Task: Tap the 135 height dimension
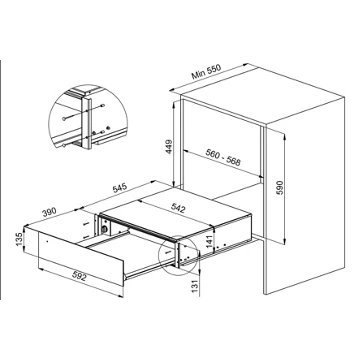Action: click(19, 239)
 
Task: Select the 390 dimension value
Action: click(49, 212)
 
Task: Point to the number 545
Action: click(120, 188)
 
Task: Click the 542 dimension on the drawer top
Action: click(177, 208)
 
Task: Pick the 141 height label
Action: click(208, 241)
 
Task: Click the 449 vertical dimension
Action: click(169, 147)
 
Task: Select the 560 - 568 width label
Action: click(223, 157)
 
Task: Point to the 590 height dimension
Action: click(279, 188)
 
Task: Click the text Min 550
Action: click(206, 71)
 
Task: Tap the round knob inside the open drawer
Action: click(105, 229)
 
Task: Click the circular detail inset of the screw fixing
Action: click(88, 117)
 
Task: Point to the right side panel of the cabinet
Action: click(305, 197)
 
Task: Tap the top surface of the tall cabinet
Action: click(263, 97)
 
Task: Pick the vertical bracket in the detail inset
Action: click(87, 123)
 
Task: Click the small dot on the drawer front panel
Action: click(47, 241)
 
